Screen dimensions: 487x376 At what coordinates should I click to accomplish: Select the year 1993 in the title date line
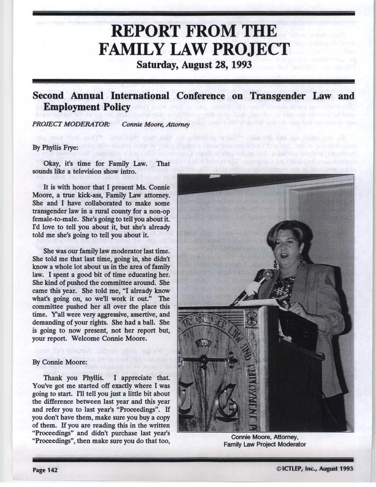(238, 64)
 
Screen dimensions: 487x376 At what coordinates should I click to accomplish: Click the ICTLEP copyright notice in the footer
(314, 469)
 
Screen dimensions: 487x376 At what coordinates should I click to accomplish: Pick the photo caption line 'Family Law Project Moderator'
(265, 445)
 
